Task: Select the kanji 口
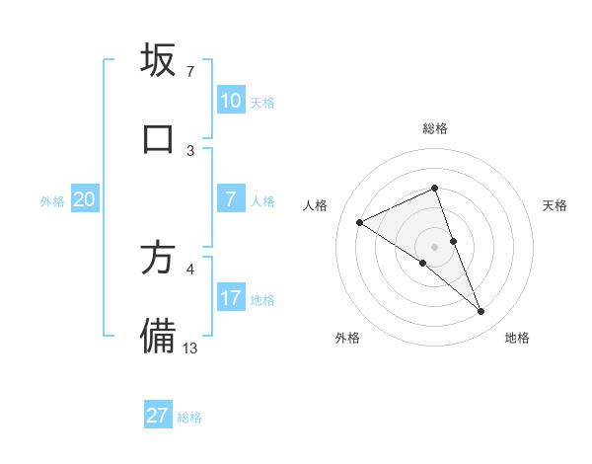[x=158, y=138]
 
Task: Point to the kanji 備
[x=158, y=336]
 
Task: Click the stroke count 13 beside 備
[x=190, y=348]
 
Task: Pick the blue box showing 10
[x=230, y=101]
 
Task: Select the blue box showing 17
[x=230, y=299]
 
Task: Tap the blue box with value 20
[x=84, y=200]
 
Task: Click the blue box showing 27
[x=158, y=416]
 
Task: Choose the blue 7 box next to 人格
[x=230, y=200]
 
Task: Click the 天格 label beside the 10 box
[x=262, y=102]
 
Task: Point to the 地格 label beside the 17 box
[x=262, y=300]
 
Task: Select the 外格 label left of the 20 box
[x=52, y=201]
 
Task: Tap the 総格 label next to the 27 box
[x=189, y=418]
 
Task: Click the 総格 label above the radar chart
[x=435, y=128]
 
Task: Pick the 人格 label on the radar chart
[x=316, y=205]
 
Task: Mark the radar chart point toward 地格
[x=481, y=312]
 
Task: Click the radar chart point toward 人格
[x=360, y=223]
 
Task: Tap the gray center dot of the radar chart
[x=435, y=246]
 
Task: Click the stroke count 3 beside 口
[x=190, y=150]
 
